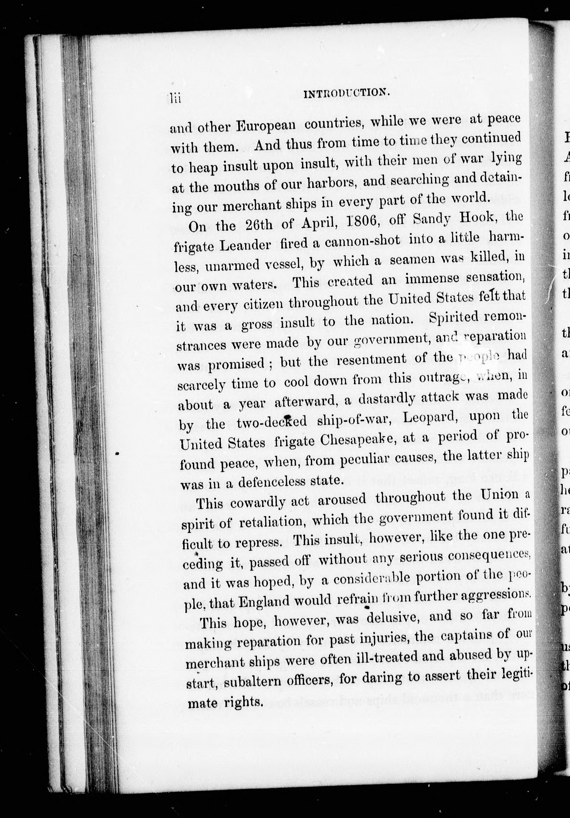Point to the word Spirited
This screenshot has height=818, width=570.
coord(453,317)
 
